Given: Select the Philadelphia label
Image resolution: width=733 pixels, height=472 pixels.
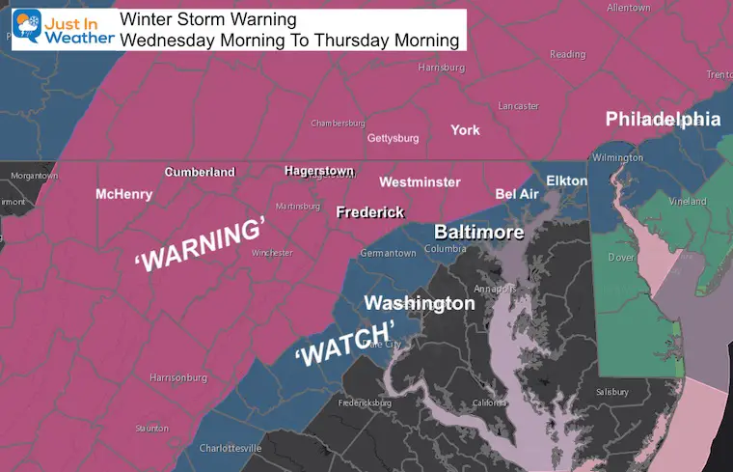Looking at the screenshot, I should [x=663, y=120].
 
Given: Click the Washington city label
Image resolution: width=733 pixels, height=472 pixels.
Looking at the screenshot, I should [x=419, y=303].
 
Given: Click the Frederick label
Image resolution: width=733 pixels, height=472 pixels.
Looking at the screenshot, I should [x=369, y=212].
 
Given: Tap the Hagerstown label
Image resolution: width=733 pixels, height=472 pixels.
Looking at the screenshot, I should [x=319, y=171].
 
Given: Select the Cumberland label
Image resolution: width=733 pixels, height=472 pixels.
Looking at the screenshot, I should [x=200, y=172].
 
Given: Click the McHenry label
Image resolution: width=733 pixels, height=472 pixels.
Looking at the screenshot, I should [x=123, y=194].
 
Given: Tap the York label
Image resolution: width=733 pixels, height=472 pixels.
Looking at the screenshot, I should [x=465, y=129].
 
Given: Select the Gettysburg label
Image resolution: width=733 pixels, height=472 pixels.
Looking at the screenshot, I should [x=394, y=138].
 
